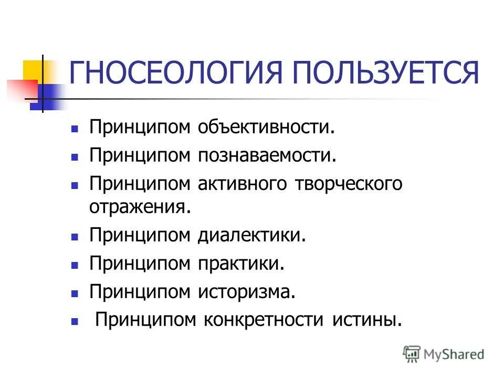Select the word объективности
point(266,128)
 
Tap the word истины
point(367,319)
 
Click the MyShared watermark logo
point(444,354)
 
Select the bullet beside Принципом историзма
point(75,292)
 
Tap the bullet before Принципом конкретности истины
point(75,320)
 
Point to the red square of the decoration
point(21,89)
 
